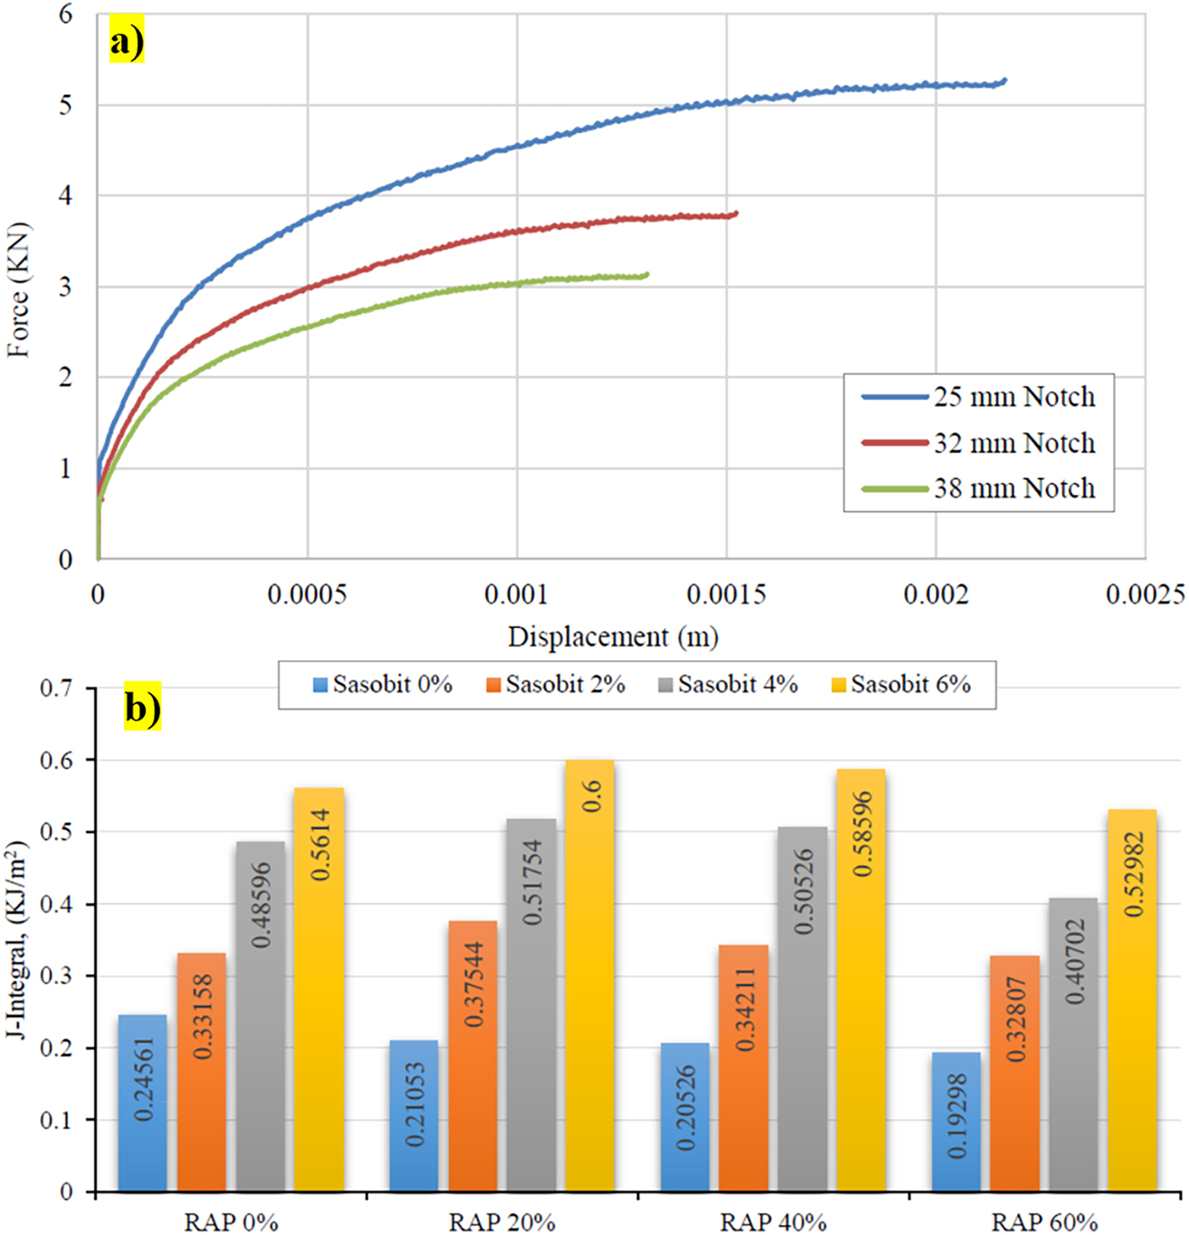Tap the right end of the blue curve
click(1004, 81)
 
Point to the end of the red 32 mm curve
click(735, 214)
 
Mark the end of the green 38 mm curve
click(646, 274)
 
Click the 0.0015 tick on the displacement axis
click(726, 594)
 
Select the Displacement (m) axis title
click(613, 637)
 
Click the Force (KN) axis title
click(19, 290)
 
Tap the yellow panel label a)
click(127, 42)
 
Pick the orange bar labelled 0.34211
click(744, 1068)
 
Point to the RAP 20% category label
click(501, 1222)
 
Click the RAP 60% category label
click(1044, 1222)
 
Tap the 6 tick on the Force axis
click(65, 14)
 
